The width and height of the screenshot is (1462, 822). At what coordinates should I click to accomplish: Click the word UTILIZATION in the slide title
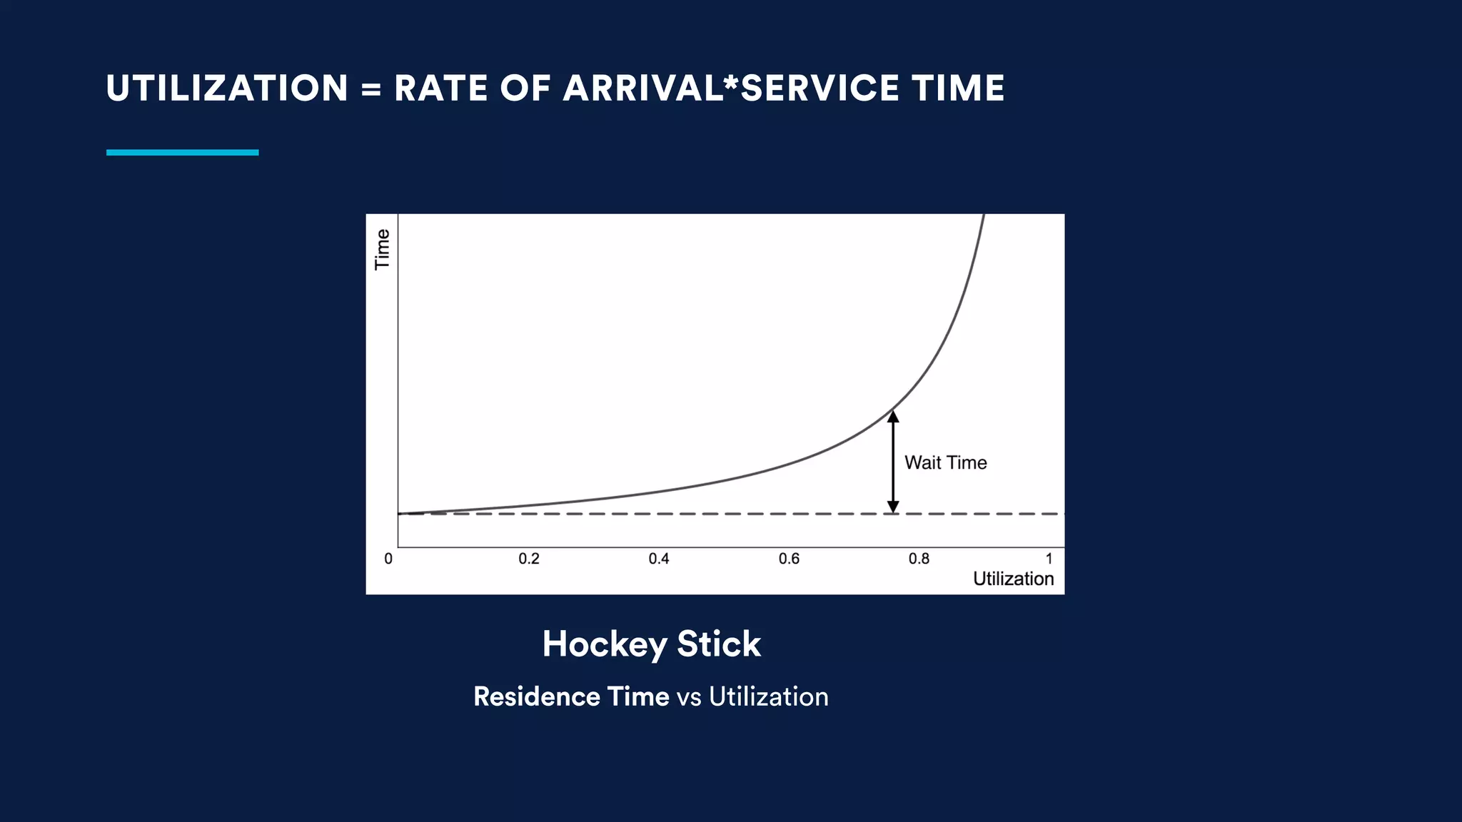227,88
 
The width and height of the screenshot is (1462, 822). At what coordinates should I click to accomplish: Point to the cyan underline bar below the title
182,152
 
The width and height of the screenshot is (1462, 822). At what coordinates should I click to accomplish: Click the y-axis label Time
383,249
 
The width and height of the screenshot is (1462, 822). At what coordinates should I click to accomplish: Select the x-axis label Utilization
1013,579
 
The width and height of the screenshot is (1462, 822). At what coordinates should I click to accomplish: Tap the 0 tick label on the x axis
388,559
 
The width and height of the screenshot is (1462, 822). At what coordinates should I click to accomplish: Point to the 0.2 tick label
529,559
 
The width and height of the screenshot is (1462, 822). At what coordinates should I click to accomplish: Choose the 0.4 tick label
659,559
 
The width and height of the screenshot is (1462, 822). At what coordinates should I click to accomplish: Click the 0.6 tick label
789,559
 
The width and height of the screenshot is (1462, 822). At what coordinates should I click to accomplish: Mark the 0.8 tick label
919,559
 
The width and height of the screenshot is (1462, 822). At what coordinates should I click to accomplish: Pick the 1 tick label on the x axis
1049,559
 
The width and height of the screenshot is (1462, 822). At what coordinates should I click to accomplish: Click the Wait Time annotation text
945,462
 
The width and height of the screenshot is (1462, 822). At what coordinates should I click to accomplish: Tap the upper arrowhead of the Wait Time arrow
892,417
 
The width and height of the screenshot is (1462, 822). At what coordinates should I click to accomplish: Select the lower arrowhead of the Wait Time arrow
892,507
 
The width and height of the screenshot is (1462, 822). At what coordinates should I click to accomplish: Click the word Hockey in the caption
604,644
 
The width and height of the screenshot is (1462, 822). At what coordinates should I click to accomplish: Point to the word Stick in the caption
718,644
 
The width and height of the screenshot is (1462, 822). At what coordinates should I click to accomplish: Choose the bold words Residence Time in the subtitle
571,696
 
